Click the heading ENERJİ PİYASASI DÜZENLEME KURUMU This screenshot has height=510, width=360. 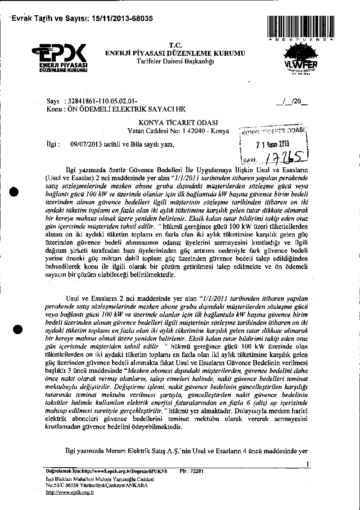pyautogui.click(x=175, y=53)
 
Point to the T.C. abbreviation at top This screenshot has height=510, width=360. pyautogui.click(x=175, y=45)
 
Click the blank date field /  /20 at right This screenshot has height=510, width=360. pyautogui.click(x=293, y=102)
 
